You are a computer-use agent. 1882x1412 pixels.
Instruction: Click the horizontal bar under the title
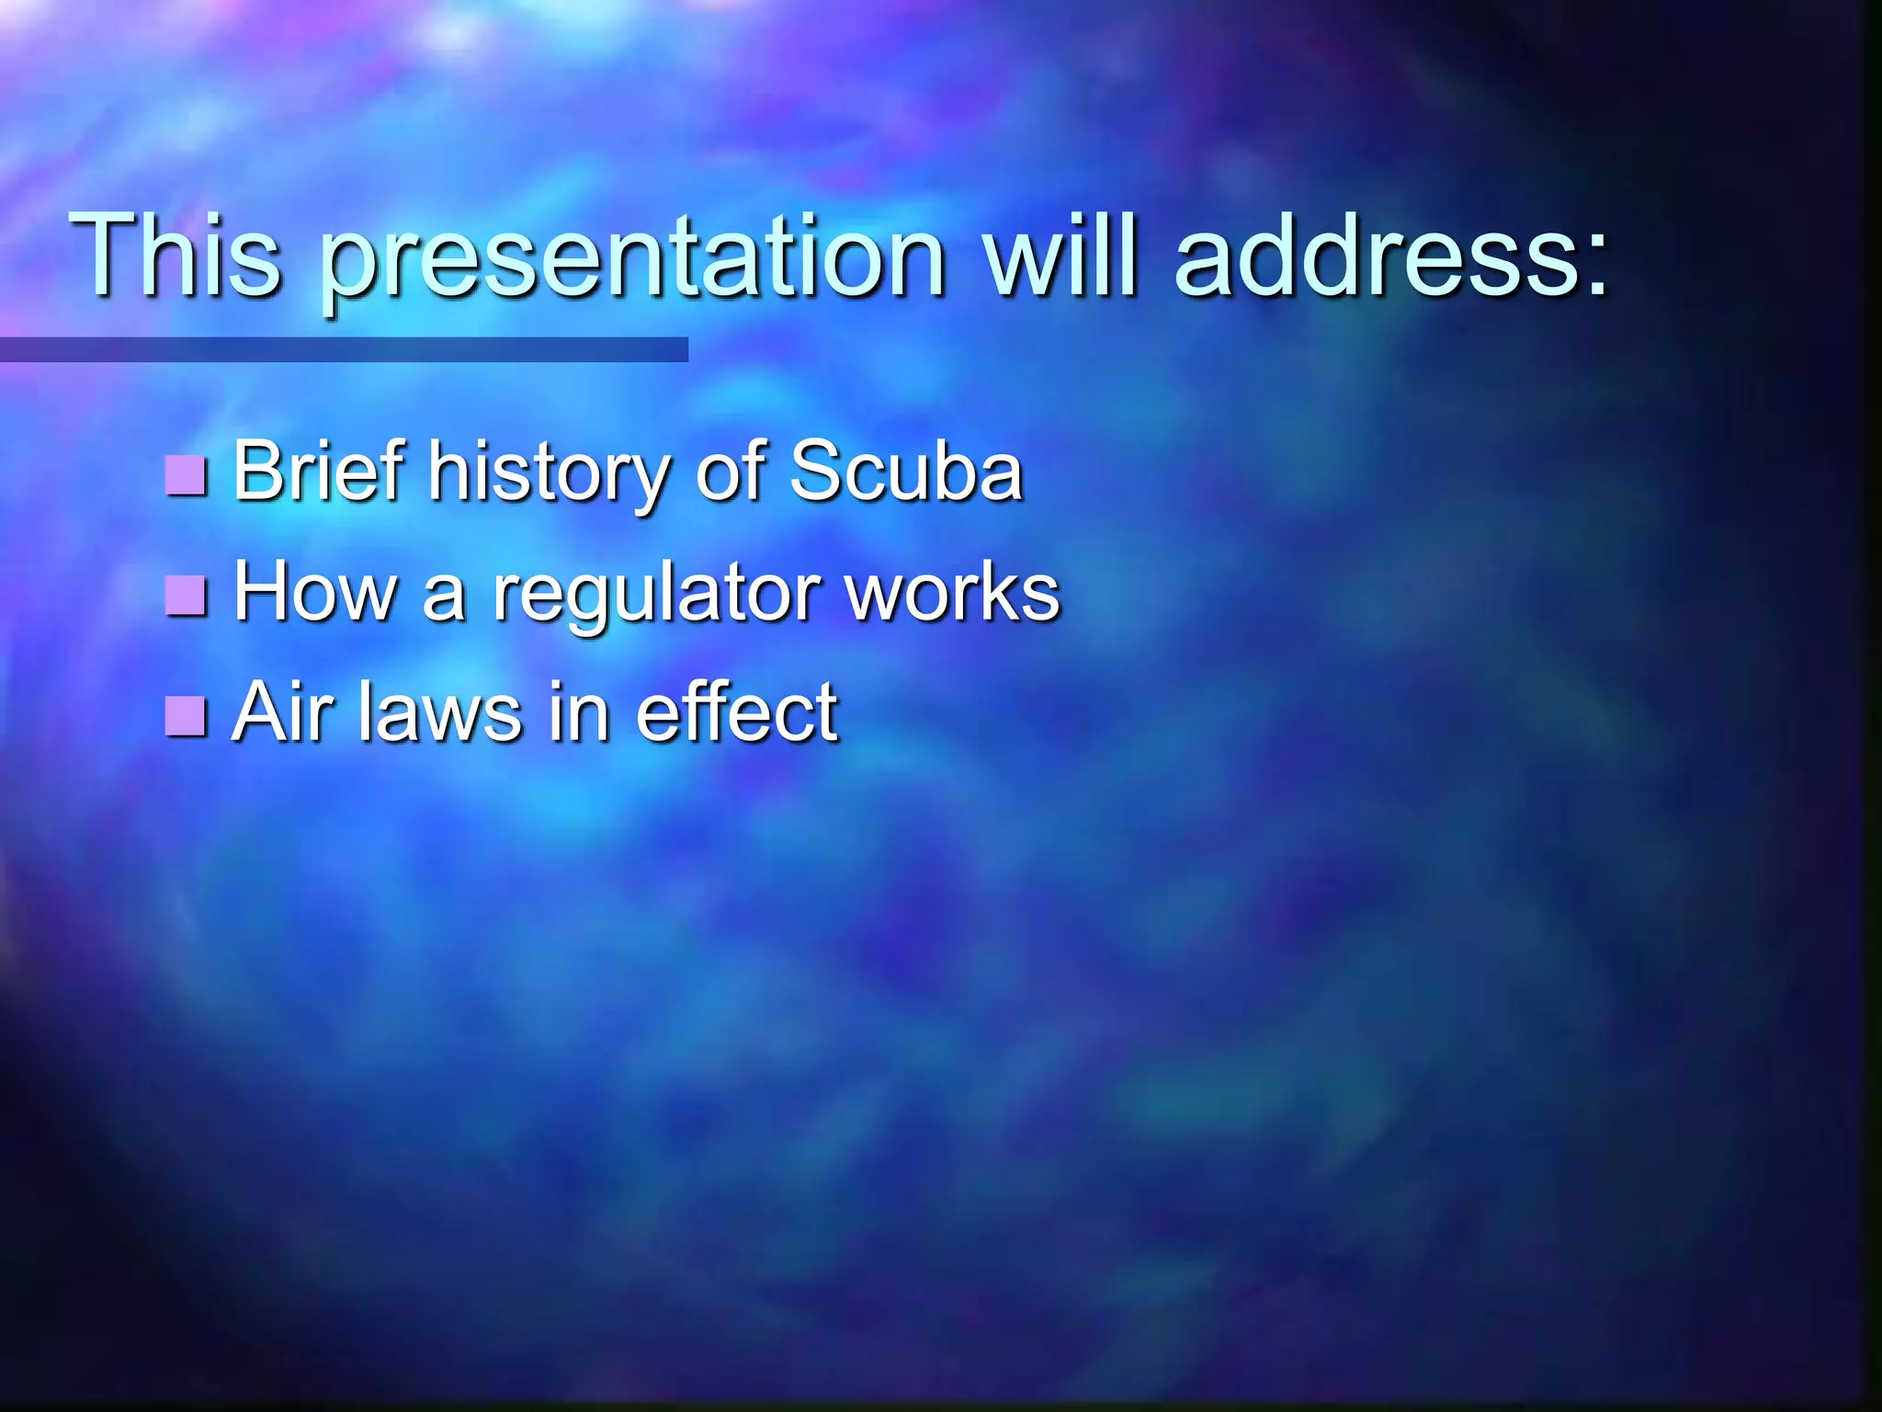pyautogui.click(x=344, y=349)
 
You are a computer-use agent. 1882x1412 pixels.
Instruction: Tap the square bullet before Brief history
pyautogui.click(x=187, y=474)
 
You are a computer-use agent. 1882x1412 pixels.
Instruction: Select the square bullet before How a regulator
pyautogui.click(x=187, y=595)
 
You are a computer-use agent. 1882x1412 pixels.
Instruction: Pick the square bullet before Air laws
pyautogui.click(x=187, y=715)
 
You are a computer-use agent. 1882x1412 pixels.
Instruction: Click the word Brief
pyautogui.click(x=318, y=471)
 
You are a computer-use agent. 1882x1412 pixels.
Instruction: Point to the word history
pyautogui.click(x=548, y=474)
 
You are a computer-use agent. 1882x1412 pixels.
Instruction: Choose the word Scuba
pyautogui.click(x=906, y=471)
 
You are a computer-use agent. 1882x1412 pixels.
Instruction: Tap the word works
pyautogui.click(x=952, y=591)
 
